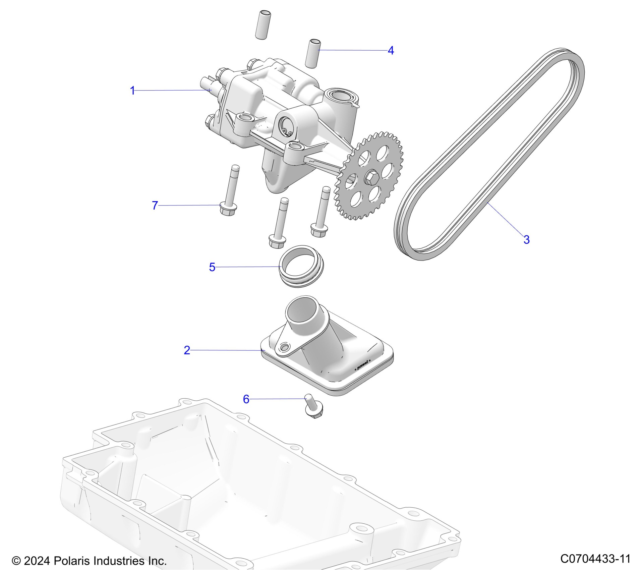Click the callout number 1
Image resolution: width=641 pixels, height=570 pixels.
132,91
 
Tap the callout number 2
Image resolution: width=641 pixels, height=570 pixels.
187,350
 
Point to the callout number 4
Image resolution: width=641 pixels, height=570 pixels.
391,51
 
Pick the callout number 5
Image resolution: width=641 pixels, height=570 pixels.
212,267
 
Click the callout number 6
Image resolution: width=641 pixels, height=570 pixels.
246,399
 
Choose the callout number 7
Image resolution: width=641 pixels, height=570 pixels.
155,206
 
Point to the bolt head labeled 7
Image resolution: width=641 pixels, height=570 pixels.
228,209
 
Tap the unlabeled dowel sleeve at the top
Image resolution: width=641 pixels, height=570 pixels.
263,25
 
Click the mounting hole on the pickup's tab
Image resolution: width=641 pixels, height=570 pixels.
284,347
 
